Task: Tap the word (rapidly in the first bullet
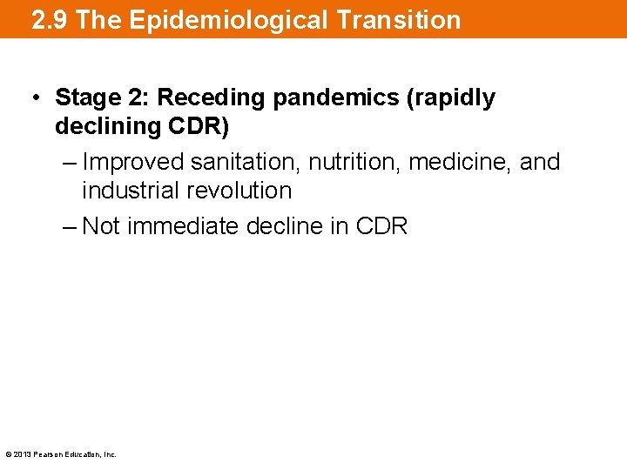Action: coord(450,97)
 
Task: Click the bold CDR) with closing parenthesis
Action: coord(197,126)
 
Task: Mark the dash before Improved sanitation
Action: coord(69,162)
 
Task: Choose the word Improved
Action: coord(133,162)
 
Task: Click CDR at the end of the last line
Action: coord(381,226)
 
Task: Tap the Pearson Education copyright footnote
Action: coord(61,454)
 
